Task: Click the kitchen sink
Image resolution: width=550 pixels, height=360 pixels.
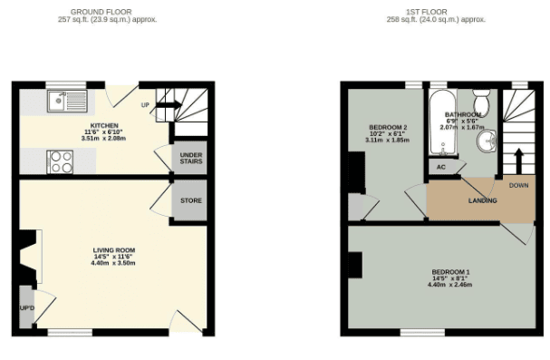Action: click(x=67, y=102)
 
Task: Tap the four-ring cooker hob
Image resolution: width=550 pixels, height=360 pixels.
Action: click(x=60, y=161)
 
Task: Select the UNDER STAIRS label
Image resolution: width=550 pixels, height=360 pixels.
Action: click(x=191, y=159)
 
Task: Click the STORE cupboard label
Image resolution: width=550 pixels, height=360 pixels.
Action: click(x=191, y=200)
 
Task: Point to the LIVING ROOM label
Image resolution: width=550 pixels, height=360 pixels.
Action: click(x=114, y=250)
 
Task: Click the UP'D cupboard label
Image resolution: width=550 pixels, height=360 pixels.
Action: click(x=27, y=308)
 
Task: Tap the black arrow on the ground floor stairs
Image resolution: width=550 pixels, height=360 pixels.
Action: click(x=169, y=104)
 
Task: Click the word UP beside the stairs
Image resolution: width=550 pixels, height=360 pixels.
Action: click(x=145, y=105)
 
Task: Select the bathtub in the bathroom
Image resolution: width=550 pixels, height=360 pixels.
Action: click(x=443, y=122)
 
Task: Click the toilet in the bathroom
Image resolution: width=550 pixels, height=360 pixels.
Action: click(x=482, y=99)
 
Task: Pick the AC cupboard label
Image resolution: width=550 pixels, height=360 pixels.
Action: click(x=441, y=167)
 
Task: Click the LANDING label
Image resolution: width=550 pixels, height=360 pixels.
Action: click(x=483, y=200)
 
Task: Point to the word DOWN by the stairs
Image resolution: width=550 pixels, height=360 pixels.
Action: click(x=519, y=185)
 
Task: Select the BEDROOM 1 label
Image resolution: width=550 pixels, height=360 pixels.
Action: click(x=450, y=272)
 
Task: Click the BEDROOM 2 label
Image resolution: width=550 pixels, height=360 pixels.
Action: click(x=388, y=127)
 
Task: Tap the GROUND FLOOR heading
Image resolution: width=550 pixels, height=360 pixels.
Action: click(x=101, y=13)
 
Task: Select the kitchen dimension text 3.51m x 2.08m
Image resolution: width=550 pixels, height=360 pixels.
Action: click(x=103, y=139)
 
